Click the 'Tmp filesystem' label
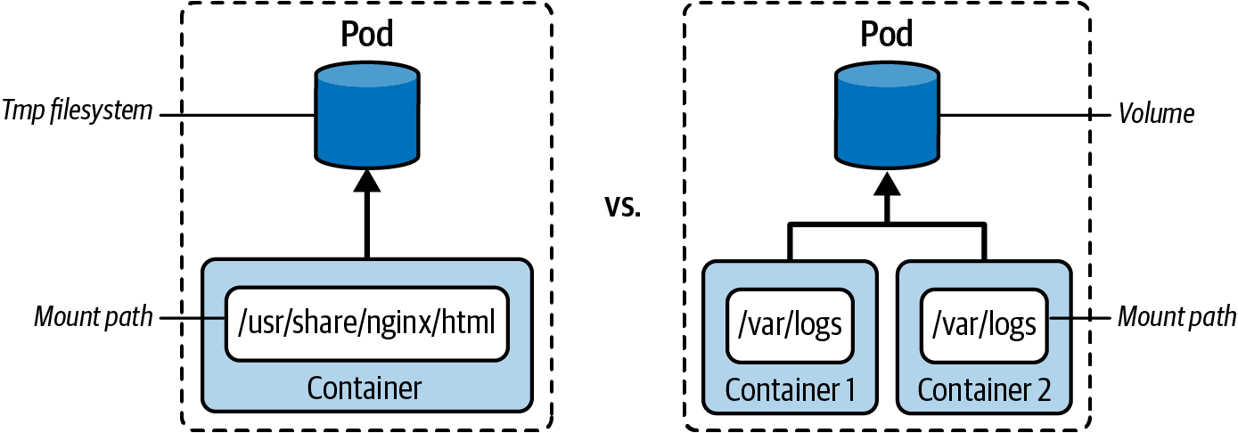point(78,113)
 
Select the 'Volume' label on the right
point(1155,114)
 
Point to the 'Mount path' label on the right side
point(1177,316)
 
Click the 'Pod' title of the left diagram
point(367,35)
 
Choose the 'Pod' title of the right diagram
point(886,35)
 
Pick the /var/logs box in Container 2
point(984,324)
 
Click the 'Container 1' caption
point(790,390)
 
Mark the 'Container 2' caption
point(984,390)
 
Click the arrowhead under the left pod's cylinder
point(367,182)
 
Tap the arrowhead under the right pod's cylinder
point(886,184)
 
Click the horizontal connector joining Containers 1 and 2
point(886,225)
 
